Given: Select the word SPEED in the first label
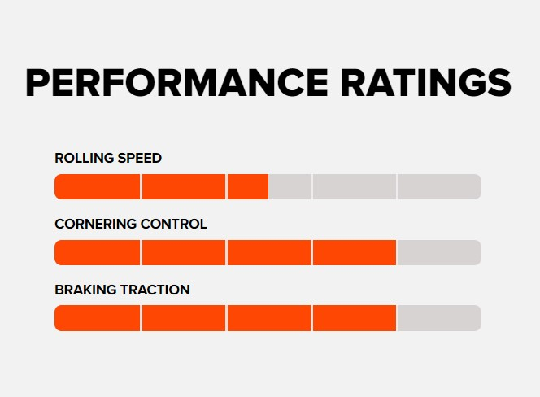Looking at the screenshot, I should coord(137,158).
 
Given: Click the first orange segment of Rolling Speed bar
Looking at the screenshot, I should coord(98,186).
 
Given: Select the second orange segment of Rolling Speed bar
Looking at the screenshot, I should coord(184,186).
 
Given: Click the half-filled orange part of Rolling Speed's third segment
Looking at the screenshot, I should coord(248,186).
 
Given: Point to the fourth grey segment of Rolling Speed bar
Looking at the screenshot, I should coord(355,186).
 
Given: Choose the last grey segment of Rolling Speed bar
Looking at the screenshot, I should coord(439,186).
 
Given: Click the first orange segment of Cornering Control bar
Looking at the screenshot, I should coord(98,252).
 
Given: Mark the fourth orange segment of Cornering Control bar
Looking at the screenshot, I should coord(355,252).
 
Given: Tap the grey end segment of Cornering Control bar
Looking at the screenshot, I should coord(439,252).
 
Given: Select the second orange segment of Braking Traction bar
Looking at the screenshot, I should coord(184,318).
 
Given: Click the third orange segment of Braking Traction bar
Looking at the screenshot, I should coord(269,318).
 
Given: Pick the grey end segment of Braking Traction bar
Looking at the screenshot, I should coord(439,318).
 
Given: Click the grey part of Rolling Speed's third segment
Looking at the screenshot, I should coord(290,186).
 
